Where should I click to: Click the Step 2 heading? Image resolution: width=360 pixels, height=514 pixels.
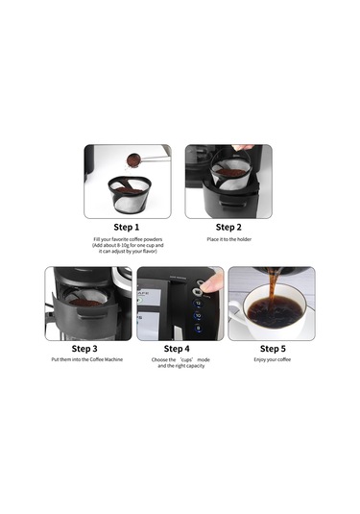tap(228, 227)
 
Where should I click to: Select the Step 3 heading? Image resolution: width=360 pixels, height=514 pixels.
tap(84, 349)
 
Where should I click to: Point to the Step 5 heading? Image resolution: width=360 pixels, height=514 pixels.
tap(272, 349)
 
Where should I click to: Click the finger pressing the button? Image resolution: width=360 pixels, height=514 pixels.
tap(212, 281)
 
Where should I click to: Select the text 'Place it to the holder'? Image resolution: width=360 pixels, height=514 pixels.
tap(228, 238)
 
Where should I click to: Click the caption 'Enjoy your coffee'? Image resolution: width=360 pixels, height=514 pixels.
tap(272, 360)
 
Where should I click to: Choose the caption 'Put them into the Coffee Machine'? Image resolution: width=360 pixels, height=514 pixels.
tap(84, 360)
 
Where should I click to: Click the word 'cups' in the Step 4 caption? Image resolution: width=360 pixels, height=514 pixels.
tap(180, 360)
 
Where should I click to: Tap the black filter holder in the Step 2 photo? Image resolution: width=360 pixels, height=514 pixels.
tap(228, 198)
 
